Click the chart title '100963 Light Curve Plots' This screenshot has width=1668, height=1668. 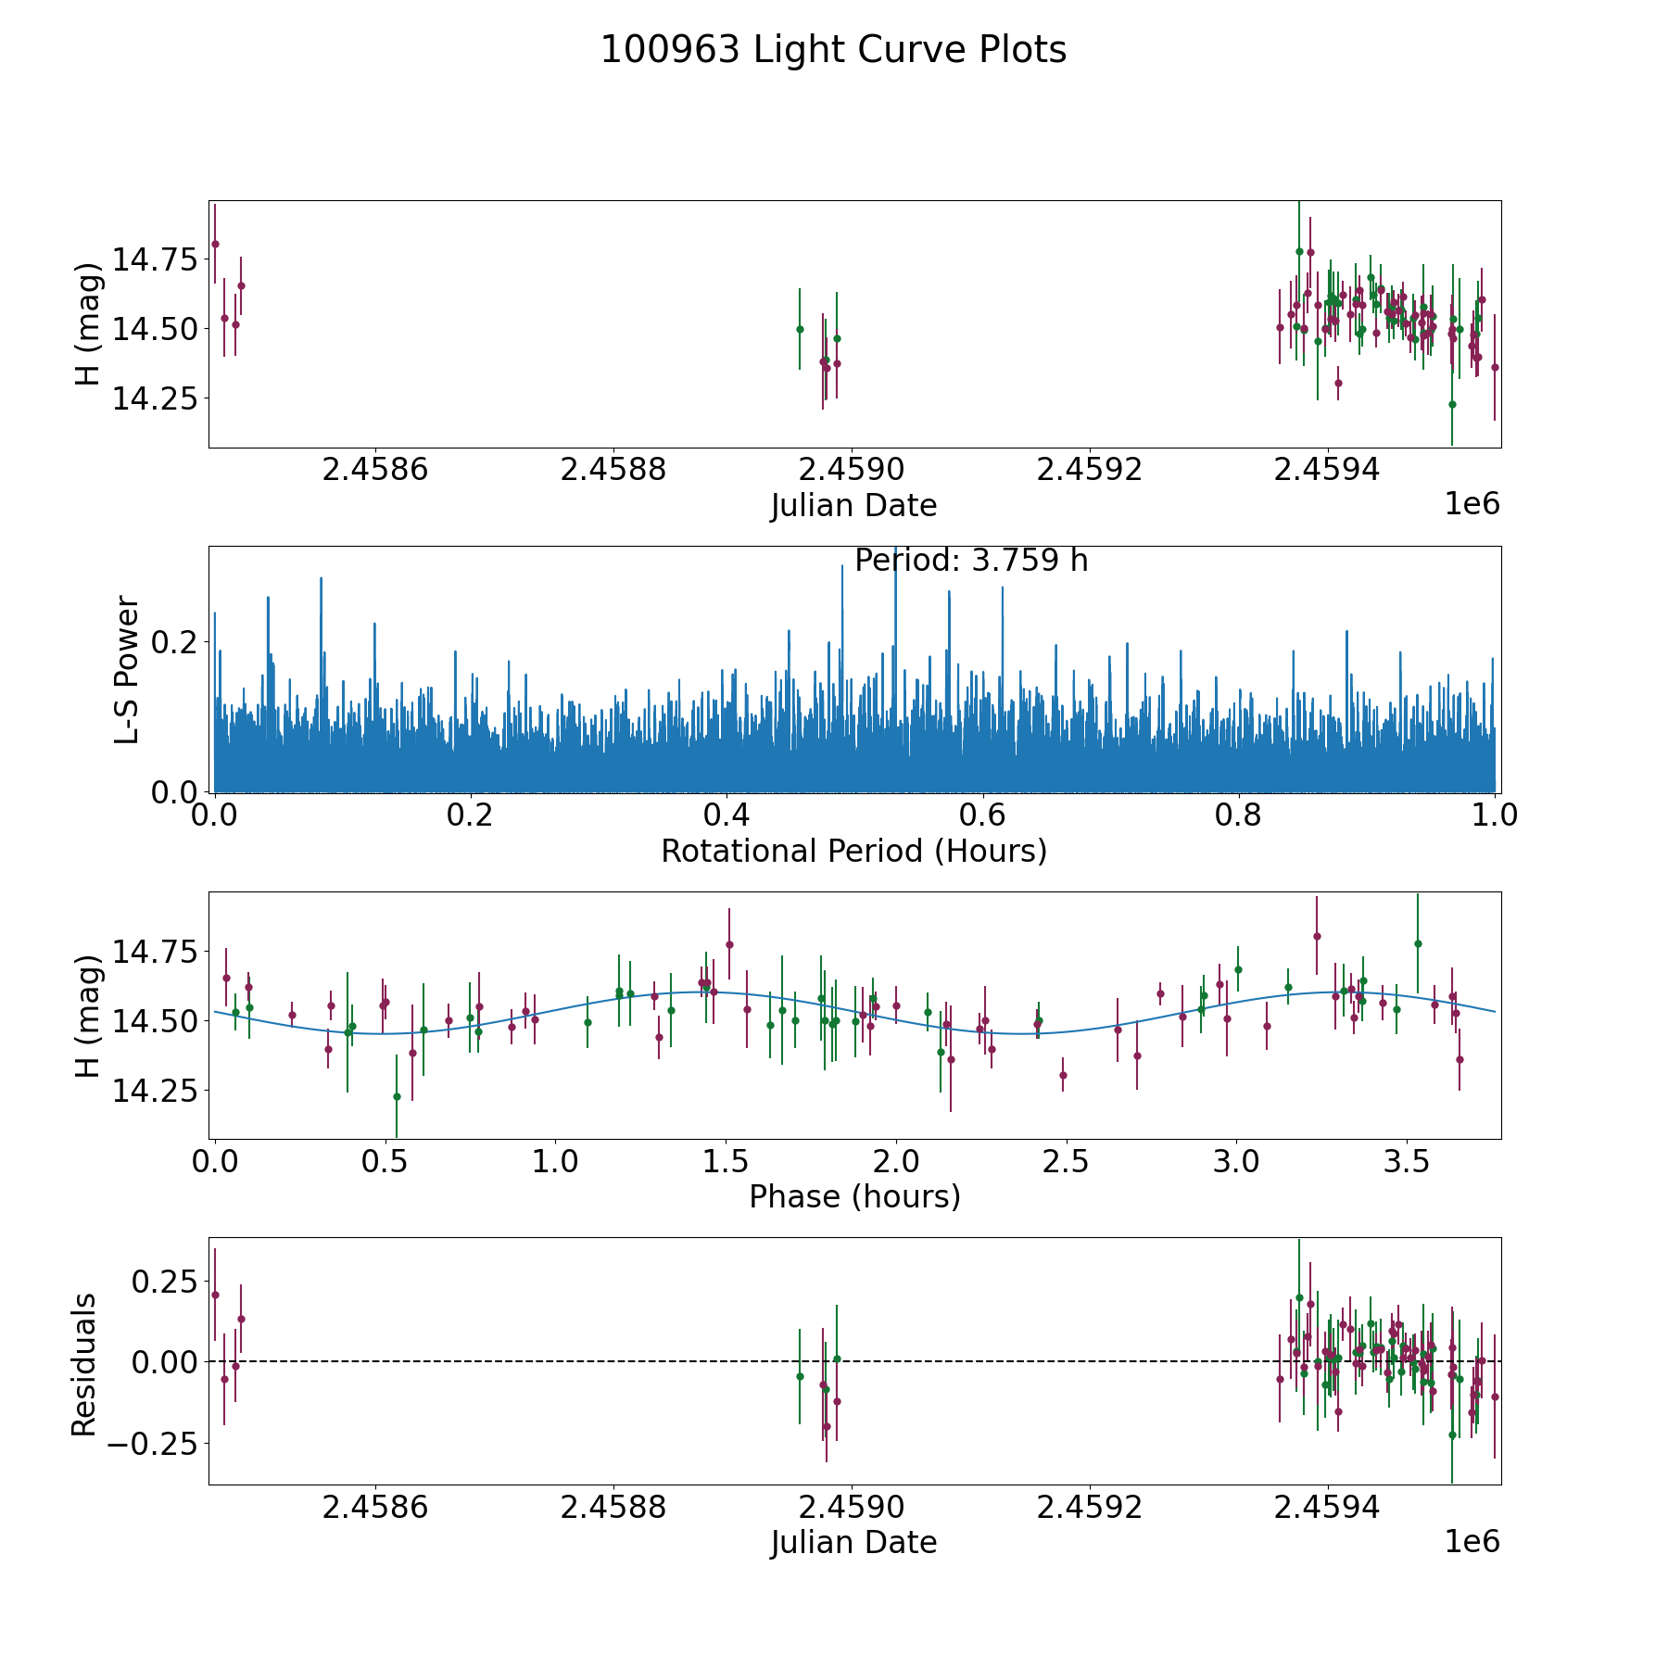coord(833,50)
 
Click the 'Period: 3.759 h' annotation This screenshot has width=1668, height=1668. coord(971,561)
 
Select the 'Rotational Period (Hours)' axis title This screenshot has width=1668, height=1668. coord(853,851)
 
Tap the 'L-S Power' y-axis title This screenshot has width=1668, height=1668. coord(127,669)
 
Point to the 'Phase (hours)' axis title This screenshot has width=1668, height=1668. coord(854,1197)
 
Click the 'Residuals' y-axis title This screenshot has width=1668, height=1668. coord(84,1364)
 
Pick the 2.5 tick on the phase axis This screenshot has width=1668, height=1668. coord(1066,1162)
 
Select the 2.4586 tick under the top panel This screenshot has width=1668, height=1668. coord(375,470)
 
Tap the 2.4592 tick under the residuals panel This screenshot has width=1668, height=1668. coord(1090,1508)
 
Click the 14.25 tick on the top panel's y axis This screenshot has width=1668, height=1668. coord(155,398)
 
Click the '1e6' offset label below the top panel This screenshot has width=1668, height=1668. coord(1472,503)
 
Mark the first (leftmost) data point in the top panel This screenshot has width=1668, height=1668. coord(215,244)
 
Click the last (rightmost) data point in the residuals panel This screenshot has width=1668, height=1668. coord(1495,1396)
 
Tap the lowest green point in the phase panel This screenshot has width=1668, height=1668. coord(397,1096)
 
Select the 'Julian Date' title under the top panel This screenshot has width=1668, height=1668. coord(853,506)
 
